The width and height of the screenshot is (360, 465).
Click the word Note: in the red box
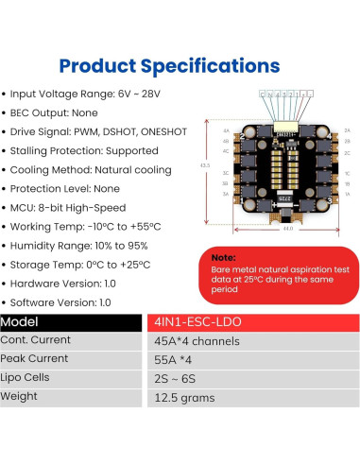223,256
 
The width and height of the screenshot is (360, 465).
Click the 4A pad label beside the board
227,129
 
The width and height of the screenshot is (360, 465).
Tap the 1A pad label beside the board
348,192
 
